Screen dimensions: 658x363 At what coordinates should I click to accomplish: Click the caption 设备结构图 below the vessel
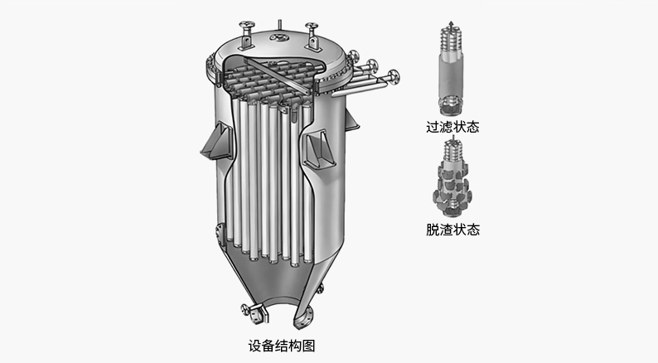click(282, 346)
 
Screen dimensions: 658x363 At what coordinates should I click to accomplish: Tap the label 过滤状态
click(452, 127)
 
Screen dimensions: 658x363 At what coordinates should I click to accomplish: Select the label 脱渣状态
click(452, 230)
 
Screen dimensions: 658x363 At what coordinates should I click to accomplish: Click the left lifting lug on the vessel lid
click(247, 36)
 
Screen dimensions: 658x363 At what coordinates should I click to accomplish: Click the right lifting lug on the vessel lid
click(312, 36)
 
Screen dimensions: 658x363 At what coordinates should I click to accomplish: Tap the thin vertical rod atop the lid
click(280, 25)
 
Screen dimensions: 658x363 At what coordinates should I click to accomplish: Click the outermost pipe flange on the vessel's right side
click(394, 77)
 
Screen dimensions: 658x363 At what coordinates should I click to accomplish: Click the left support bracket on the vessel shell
click(216, 142)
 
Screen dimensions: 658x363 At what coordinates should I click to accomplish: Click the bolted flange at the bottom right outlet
click(304, 319)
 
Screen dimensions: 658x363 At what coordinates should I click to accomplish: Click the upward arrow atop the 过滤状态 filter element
click(451, 24)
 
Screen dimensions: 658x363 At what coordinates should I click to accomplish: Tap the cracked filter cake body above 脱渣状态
click(452, 185)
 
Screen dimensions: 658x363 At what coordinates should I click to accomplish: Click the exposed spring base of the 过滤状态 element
click(451, 105)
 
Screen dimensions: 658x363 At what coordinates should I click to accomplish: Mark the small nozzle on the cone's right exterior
click(321, 288)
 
